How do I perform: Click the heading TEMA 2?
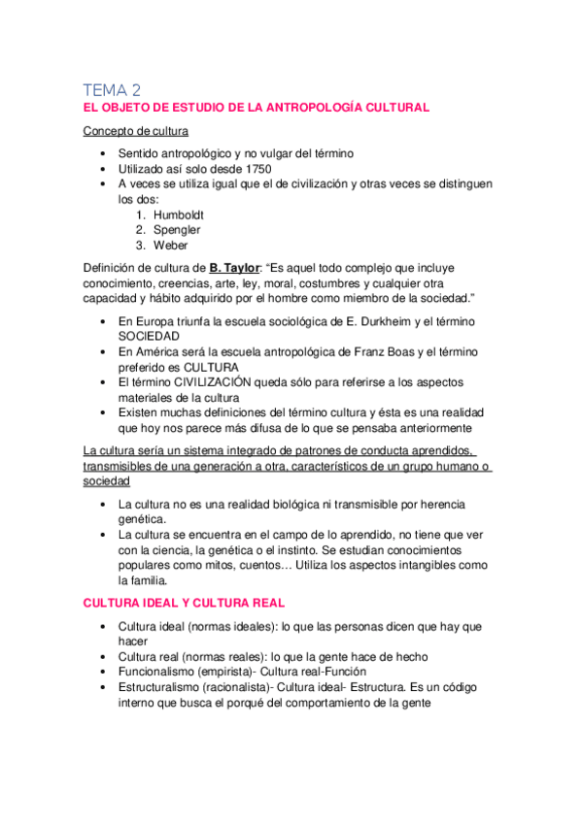click(x=113, y=89)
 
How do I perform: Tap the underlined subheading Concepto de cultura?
click(x=136, y=131)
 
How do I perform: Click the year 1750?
click(x=254, y=168)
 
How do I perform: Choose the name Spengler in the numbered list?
click(x=178, y=230)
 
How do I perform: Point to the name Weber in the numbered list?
click(x=170, y=246)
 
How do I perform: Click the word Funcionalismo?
click(x=162, y=672)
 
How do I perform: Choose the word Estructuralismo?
click(x=166, y=687)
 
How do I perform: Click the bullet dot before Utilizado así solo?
click(x=104, y=168)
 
